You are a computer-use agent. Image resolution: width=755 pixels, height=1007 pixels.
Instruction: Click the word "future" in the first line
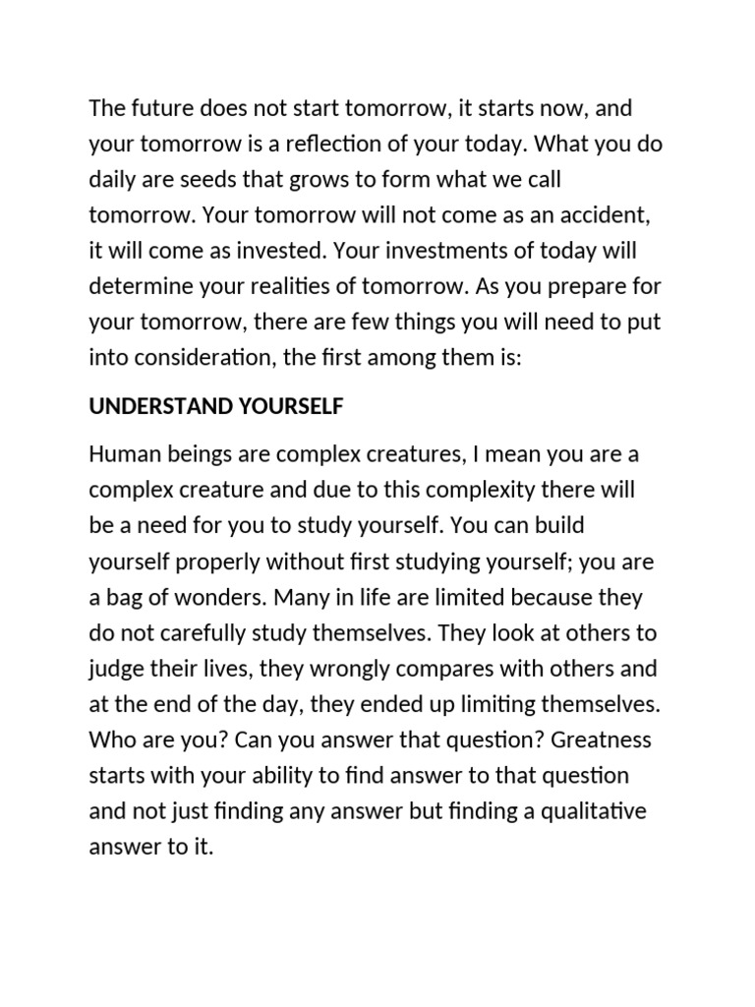157,107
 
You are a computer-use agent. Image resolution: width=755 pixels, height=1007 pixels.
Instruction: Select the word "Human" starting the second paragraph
119,454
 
